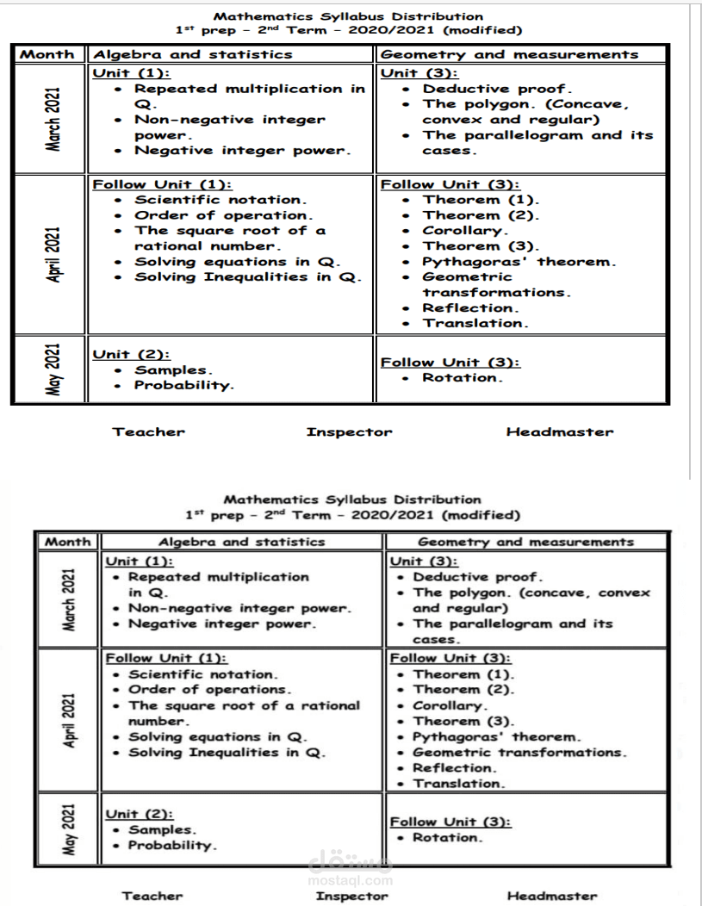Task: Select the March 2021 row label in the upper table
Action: [53, 118]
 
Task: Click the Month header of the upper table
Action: [47, 54]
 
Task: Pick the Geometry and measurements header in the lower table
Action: [525, 542]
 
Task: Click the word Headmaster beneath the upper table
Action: [560, 432]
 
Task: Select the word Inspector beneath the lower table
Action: [352, 896]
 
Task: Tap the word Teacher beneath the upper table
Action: [148, 432]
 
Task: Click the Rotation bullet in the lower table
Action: [447, 837]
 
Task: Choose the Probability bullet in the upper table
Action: [183, 385]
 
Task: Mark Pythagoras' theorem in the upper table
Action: [519, 262]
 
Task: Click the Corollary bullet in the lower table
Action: [450, 705]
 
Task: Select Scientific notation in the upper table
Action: [220, 200]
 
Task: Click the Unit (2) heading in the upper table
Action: [130, 354]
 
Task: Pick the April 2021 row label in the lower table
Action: [69, 720]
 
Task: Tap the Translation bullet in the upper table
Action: [475, 324]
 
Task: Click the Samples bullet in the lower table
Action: [162, 829]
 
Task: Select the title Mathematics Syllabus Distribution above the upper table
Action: [348, 16]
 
